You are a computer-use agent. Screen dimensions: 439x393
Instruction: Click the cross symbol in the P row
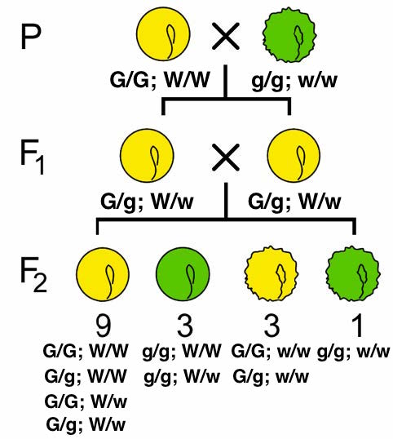(225, 36)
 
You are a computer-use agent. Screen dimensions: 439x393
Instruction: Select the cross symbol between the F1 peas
(225, 155)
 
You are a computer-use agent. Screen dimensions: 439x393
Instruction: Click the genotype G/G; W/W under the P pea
(161, 81)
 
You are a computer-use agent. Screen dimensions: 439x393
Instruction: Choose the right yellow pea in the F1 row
(290, 155)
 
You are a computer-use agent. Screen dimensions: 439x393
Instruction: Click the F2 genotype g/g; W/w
(183, 377)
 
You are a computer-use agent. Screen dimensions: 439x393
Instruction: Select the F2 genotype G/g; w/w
(270, 377)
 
